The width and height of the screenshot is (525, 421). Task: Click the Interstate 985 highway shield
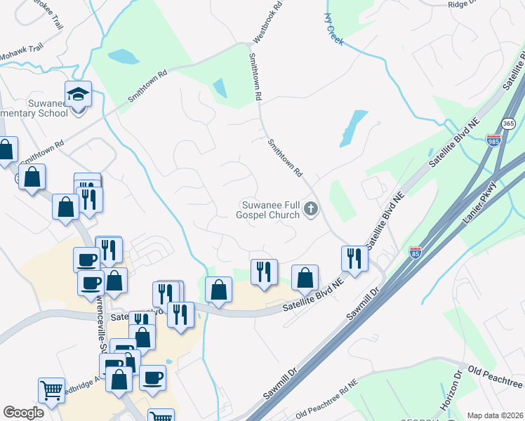point(493,141)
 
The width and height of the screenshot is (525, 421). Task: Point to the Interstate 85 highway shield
point(416,252)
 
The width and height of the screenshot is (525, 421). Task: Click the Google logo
point(23,413)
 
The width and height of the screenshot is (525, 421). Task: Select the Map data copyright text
point(496,415)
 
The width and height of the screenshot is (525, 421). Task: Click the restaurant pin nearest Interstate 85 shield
point(354,258)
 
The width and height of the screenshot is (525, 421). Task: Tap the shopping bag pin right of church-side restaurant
point(305,276)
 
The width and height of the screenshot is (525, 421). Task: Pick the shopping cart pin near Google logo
point(52,390)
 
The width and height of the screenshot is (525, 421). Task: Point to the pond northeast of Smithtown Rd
point(354,128)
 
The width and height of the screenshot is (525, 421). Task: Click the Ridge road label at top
point(462,4)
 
